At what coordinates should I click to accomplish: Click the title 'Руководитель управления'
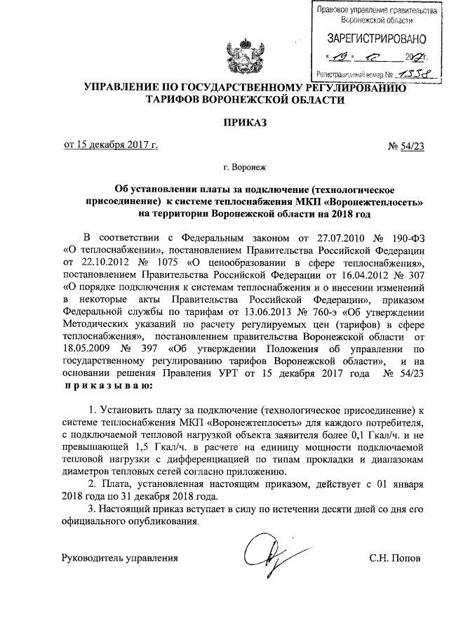click(x=120, y=559)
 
